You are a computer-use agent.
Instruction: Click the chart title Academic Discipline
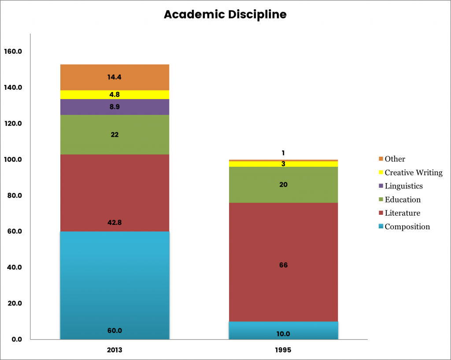pos(225,15)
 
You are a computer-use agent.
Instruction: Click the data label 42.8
pos(114,223)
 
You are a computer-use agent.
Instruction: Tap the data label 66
pos(283,265)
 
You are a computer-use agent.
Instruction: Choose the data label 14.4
pos(114,77)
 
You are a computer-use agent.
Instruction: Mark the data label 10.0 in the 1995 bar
pos(283,334)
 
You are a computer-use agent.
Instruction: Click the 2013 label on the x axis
pos(114,351)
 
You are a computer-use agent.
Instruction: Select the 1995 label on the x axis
pos(283,351)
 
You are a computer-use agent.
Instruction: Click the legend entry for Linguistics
pos(403,186)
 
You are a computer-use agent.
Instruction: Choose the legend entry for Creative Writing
pos(413,173)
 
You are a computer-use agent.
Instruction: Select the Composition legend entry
pos(407,227)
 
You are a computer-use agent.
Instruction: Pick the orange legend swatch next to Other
pos(381,159)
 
